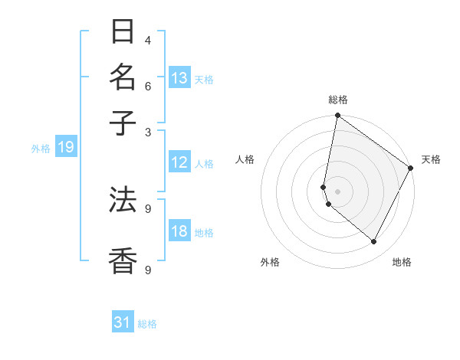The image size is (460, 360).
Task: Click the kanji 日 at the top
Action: [x=123, y=32]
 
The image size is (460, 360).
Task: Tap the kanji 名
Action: [x=123, y=77]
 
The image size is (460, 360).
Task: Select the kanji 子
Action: [x=123, y=123]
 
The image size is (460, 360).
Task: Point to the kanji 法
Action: [x=123, y=199]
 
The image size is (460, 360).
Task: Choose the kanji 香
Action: [x=123, y=260]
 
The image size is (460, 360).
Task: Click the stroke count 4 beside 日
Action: [x=147, y=40]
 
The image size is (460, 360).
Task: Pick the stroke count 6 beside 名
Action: [x=147, y=86]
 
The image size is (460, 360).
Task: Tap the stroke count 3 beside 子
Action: [x=147, y=131]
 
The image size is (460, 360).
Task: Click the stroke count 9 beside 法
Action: [x=147, y=208]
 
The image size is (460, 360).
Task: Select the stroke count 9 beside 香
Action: [x=147, y=269]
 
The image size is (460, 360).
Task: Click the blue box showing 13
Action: [x=179, y=78]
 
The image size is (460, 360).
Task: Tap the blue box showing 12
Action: [x=179, y=162]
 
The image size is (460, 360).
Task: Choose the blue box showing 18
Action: [x=179, y=231]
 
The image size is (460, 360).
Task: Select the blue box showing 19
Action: [x=65, y=148]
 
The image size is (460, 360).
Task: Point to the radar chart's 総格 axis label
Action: [x=337, y=100]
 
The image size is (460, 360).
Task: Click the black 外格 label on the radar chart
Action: [x=271, y=263]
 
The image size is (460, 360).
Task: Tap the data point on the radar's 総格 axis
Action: [x=337, y=116]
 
